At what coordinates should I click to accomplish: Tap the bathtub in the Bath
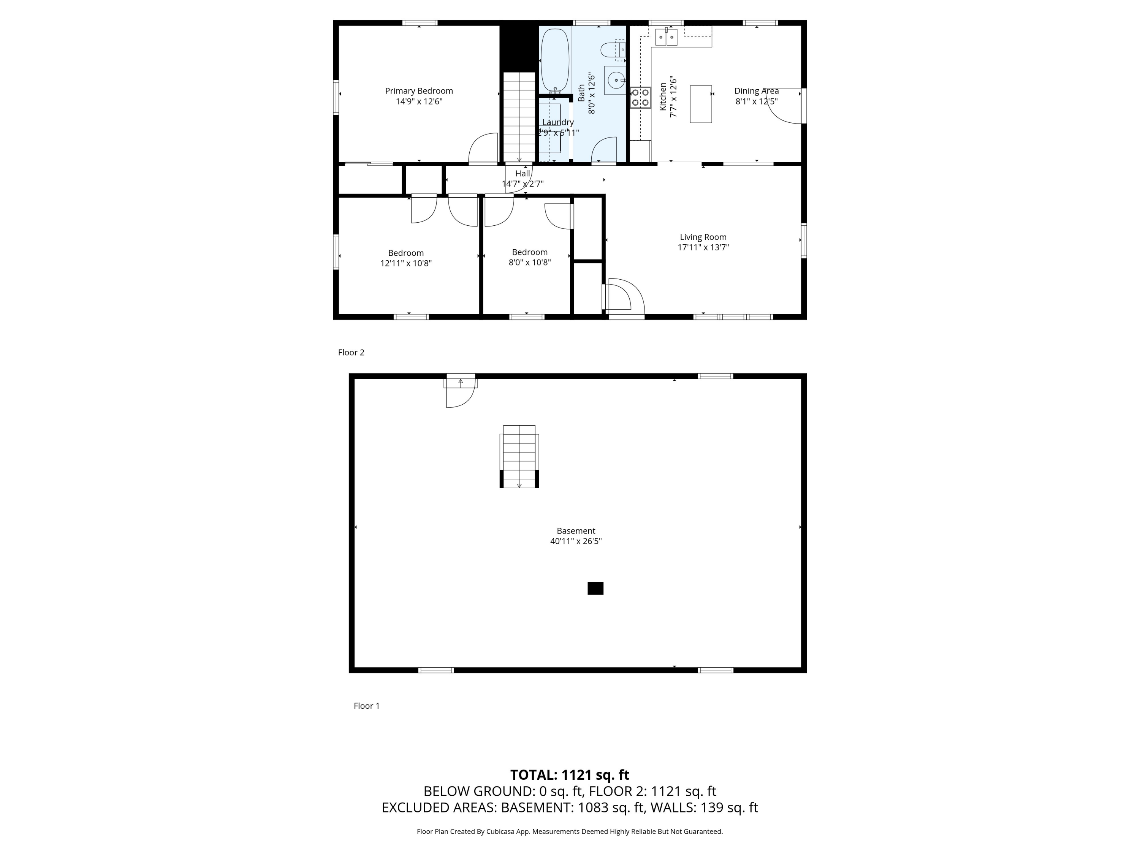pos(554,61)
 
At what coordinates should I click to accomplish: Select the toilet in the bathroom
pos(613,50)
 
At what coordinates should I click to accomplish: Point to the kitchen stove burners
pos(640,97)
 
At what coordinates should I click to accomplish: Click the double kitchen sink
pos(667,37)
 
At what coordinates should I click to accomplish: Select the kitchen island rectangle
pos(701,104)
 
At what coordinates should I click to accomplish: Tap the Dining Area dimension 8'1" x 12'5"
pos(756,101)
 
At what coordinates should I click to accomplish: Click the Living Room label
pos(703,237)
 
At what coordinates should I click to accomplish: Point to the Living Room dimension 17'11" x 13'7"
pos(703,247)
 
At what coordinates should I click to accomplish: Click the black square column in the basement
pos(595,588)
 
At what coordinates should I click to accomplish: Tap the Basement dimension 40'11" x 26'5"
pos(576,541)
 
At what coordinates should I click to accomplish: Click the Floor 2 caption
pos(351,353)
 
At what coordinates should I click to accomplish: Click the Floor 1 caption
pos(366,706)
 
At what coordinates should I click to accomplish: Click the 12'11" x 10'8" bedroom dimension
pos(405,263)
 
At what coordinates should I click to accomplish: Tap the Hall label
pos(522,174)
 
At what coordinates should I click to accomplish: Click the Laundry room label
pos(557,122)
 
